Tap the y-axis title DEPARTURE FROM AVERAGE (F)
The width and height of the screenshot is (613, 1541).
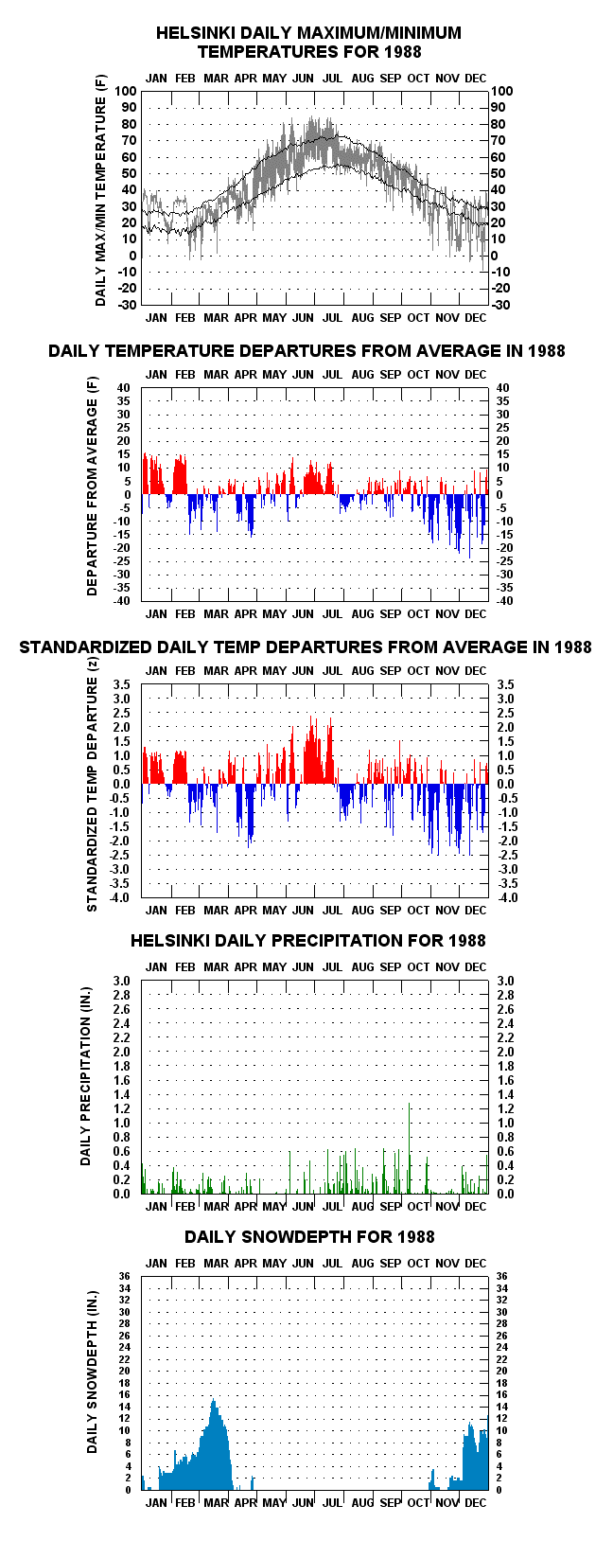pos(93,486)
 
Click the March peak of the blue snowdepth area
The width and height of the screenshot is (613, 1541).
pos(214,1399)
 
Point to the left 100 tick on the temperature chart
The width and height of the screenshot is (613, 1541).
pos(126,91)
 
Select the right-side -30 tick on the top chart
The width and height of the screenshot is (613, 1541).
pos(501,305)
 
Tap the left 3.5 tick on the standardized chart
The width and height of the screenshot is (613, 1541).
pos(122,684)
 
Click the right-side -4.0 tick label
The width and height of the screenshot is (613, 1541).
pos(507,897)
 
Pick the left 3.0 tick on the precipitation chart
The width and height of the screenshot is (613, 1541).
pos(122,981)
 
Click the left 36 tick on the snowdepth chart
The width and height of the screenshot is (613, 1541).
pos(124,1276)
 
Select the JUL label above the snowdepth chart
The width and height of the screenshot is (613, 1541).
pos(332,1263)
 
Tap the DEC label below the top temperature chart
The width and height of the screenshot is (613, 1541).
pos(476,318)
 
